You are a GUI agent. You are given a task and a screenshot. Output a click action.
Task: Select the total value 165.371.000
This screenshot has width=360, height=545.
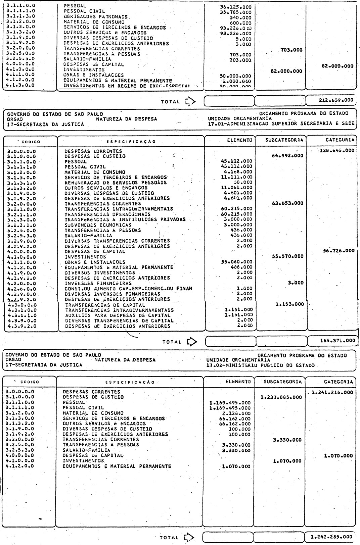tap(337, 341)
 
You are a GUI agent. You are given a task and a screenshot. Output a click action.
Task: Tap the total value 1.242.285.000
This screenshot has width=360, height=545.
tap(332, 537)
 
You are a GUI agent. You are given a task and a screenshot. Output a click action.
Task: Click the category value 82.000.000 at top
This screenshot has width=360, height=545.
tap(337, 66)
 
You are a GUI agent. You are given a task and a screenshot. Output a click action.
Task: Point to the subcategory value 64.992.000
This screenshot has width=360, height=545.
tap(287, 155)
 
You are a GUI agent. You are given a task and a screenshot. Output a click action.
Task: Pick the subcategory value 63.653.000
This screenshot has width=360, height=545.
tap(287, 203)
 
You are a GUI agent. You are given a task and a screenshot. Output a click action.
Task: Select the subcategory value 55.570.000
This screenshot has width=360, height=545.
tap(287, 256)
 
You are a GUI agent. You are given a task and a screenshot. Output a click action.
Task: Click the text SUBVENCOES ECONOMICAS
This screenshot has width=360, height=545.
tap(98, 225)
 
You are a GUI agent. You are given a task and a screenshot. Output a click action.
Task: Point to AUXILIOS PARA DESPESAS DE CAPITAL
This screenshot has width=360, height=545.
tap(118, 315)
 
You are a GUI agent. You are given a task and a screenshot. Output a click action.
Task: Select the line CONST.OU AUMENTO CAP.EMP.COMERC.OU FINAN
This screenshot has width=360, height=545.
tap(129, 289)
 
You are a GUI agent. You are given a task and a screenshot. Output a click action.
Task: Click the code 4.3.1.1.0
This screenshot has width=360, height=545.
tap(21, 315)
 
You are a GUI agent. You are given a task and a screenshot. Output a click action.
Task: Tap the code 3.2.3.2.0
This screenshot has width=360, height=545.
tap(21, 225)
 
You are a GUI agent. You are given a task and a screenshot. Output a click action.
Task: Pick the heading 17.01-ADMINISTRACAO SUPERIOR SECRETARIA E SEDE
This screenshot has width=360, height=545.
tap(281, 123)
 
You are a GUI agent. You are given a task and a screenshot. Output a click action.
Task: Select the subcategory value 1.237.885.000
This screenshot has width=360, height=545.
tap(281, 397)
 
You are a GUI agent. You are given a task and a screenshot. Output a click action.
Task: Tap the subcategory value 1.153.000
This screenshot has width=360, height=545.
tap(289, 304)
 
